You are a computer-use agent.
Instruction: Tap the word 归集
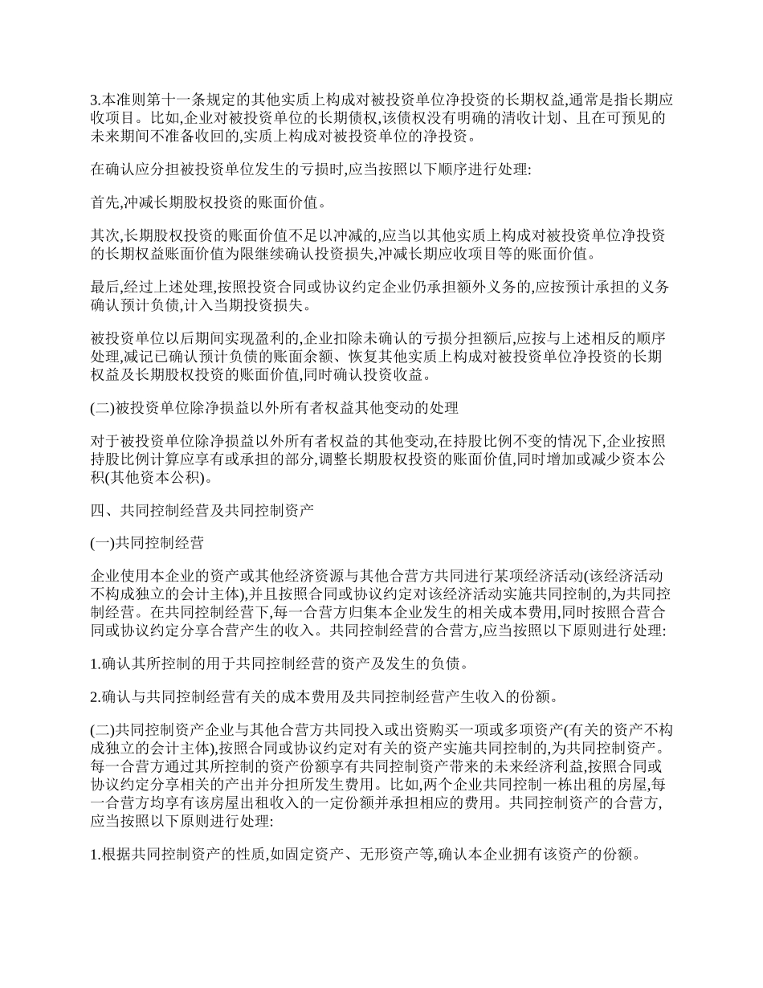[x=383, y=612]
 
